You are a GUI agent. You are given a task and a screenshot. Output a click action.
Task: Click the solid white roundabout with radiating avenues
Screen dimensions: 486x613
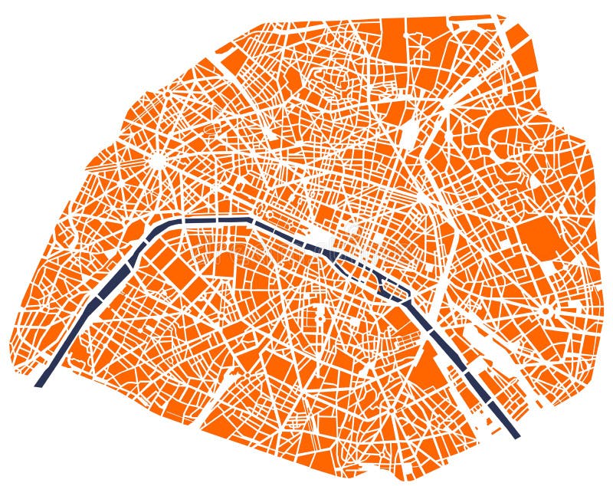pyautogui.click(x=157, y=161)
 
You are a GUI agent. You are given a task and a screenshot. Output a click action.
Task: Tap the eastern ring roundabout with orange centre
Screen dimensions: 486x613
pyautogui.click(x=546, y=311)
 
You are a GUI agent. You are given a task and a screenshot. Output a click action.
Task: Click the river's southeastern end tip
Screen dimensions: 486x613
pyautogui.click(x=516, y=435)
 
